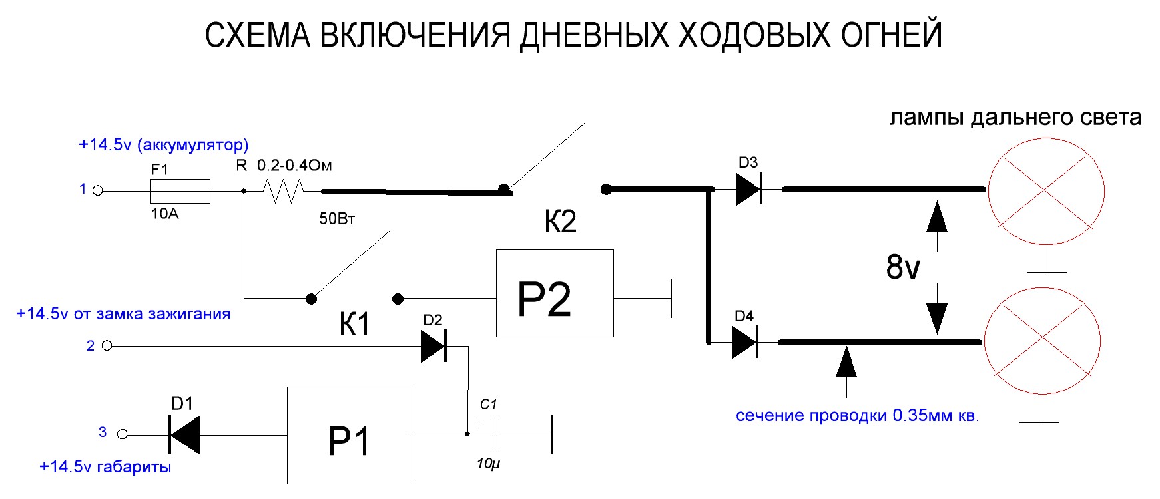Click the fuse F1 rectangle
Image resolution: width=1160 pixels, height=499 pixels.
[x=180, y=191]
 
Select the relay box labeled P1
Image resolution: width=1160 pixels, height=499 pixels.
[x=350, y=435]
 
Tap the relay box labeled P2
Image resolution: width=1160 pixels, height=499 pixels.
[x=554, y=293]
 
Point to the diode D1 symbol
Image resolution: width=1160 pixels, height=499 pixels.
[x=185, y=434]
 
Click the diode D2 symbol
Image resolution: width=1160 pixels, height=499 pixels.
[x=433, y=346]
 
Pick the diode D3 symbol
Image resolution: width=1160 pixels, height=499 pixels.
[x=748, y=190]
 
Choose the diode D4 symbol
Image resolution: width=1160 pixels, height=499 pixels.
[x=744, y=343]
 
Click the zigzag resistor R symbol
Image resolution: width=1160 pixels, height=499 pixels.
[x=282, y=192]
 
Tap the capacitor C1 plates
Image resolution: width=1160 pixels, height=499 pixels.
[x=495, y=434]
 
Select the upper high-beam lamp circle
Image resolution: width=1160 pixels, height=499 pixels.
[x=1046, y=191]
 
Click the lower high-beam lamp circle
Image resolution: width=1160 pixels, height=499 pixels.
[x=1042, y=341]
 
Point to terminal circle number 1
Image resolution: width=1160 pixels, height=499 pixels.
[x=98, y=191]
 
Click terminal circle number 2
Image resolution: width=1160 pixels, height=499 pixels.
[x=107, y=345]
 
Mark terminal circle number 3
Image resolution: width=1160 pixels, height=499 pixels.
[x=122, y=434]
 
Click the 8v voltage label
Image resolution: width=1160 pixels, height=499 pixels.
[x=902, y=267]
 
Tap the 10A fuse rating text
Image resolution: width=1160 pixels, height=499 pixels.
[x=164, y=214]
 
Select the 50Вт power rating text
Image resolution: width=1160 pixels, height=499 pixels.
[x=337, y=219]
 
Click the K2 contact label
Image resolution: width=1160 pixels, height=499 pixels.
[x=560, y=222]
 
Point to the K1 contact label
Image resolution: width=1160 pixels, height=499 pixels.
[x=354, y=325]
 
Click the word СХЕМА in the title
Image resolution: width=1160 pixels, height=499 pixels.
[x=257, y=35]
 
